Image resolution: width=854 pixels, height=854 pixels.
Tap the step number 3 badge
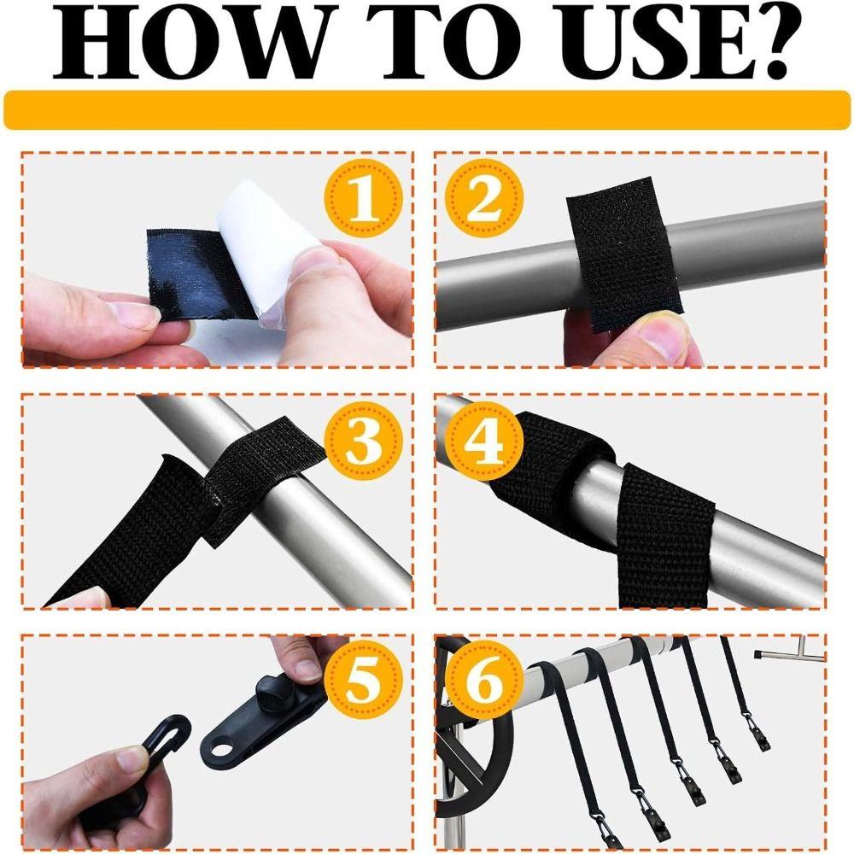point(364,440)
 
